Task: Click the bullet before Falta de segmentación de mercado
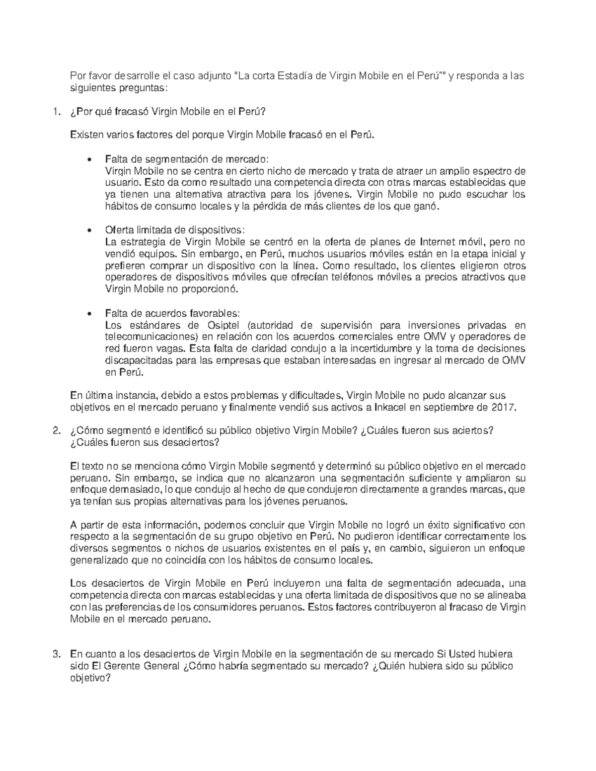tap(89, 160)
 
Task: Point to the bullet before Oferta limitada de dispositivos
tap(89, 231)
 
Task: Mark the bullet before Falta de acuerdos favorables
tap(89, 314)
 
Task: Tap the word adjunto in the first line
tap(213, 76)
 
